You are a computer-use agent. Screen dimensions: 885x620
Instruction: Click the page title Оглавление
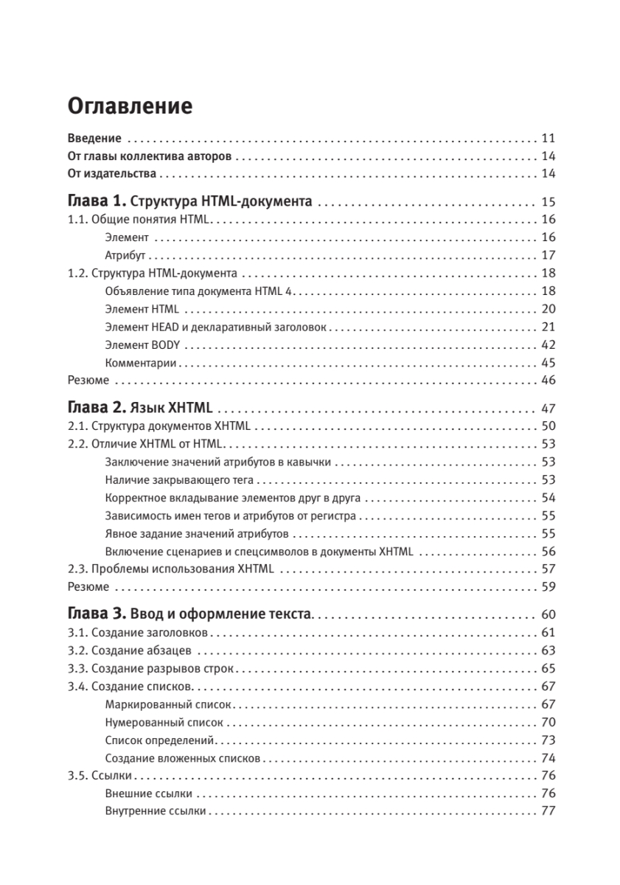click(130, 106)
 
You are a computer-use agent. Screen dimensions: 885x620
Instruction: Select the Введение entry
click(94, 138)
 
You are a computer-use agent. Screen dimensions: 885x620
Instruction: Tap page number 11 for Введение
click(548, 138)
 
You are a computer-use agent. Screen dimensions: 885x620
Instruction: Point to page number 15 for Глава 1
click(548, 202)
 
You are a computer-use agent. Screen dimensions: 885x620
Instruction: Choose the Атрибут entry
click(125, 255)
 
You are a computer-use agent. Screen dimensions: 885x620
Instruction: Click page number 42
click(548, 344)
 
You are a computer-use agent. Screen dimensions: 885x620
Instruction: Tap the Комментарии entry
click(141, 362)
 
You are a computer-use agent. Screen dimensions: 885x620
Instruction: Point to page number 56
click(548, 551)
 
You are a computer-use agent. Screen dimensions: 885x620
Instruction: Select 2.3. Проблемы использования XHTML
click(170, 569)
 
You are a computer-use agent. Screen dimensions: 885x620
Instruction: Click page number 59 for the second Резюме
click(548, 586)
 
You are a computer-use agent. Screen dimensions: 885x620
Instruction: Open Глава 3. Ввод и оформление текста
click(190, 614)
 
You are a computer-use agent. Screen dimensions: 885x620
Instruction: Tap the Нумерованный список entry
click(164, 722)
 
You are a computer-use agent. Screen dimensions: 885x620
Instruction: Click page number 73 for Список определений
click(548, 740)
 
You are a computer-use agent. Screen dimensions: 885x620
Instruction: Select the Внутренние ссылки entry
click(156, 811)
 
